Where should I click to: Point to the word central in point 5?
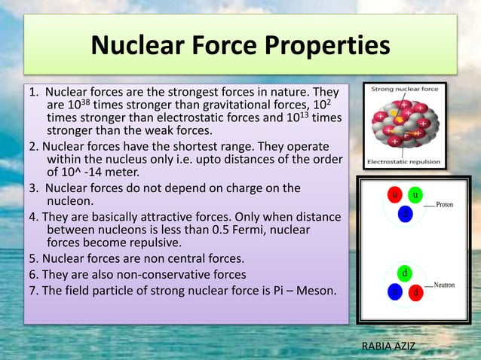point(183,258)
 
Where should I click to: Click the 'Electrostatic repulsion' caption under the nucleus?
point(404,161)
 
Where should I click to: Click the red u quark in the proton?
point(394,195)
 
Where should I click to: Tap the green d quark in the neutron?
point(405,271)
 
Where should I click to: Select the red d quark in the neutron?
point(414,291)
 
